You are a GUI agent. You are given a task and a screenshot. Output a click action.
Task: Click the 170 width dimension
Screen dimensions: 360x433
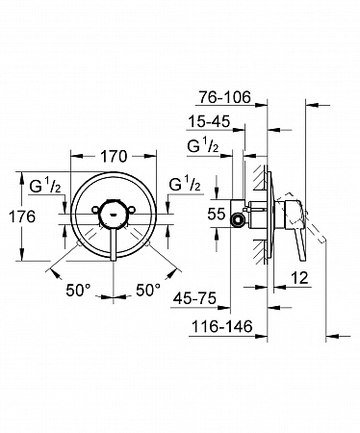114,157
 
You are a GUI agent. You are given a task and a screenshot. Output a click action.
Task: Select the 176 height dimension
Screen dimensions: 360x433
22,216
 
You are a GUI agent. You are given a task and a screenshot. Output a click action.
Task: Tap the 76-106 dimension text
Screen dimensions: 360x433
224,97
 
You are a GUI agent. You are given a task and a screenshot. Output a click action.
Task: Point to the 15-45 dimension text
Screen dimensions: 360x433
209,122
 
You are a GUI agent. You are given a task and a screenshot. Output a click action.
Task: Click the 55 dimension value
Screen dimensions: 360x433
217,214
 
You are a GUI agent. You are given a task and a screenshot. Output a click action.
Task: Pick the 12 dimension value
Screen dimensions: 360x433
299,278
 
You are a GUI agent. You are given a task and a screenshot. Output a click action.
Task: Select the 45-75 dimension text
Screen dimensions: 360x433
194,299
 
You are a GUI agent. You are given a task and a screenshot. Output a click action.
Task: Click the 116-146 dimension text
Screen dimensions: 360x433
222,327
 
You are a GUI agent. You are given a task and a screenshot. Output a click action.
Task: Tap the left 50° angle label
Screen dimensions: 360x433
78,291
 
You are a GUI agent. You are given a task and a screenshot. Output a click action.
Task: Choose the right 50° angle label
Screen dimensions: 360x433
148,291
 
